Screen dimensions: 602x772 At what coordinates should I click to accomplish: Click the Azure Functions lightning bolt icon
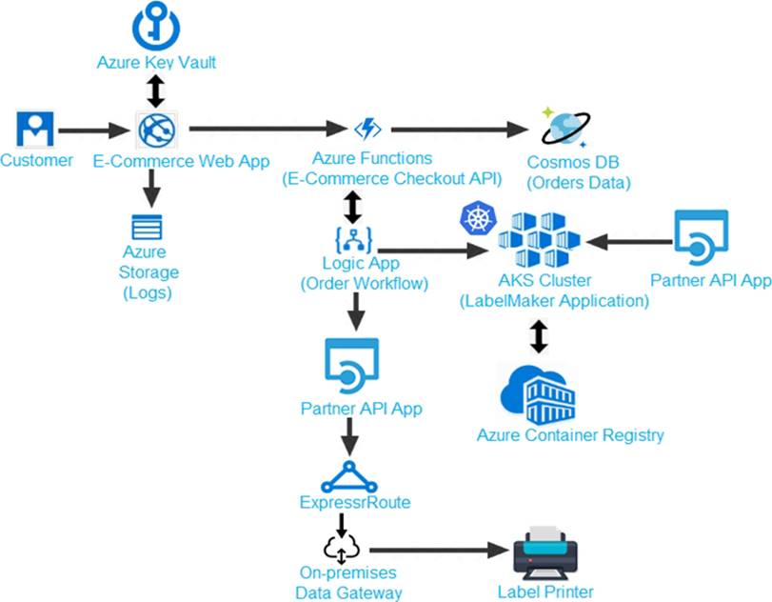(366, 129)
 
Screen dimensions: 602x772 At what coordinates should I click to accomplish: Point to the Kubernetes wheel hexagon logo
(474, 218)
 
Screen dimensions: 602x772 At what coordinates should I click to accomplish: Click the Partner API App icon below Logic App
(351, 367)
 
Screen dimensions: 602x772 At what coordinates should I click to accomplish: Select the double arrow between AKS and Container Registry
(539, 336)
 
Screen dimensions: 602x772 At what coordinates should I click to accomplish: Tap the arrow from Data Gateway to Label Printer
(436, 551)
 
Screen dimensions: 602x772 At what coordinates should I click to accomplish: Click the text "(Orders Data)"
(581, 181)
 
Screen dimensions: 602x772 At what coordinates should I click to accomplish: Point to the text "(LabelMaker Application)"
(554, 301)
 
